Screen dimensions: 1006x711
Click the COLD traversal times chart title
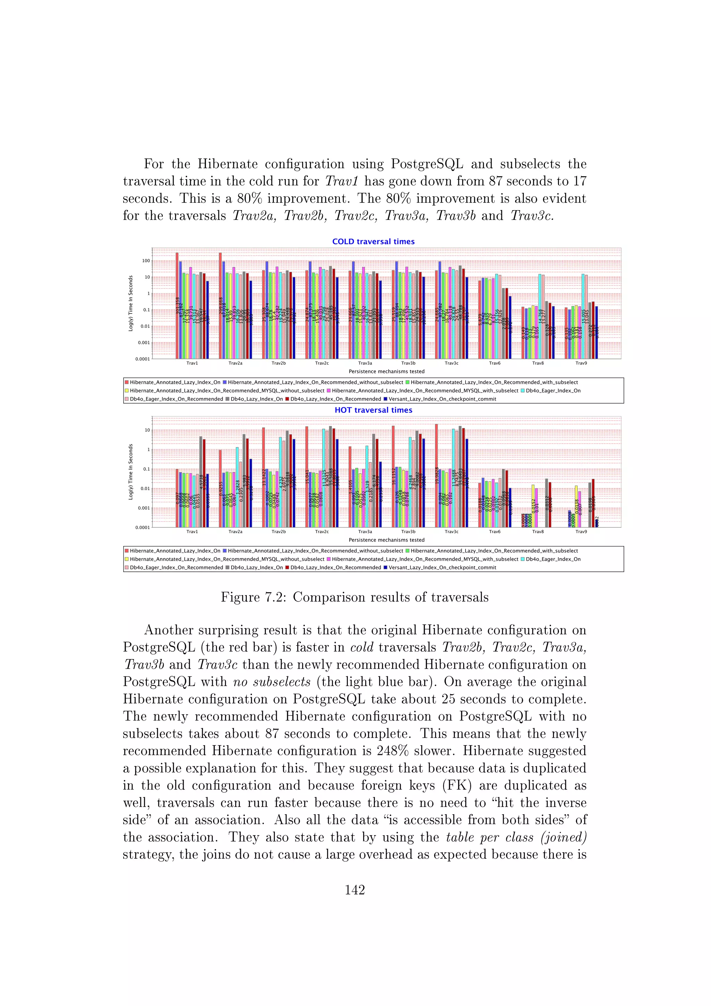[x=373, y=241]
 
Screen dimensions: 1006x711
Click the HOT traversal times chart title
[x=373, y=410]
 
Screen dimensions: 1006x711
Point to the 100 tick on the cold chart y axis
[x=146, y=261]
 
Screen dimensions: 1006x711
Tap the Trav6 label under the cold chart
[x=494, y=363]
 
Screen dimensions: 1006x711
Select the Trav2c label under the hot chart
[x=322, y=531]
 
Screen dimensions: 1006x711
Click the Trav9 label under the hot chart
[x=581, y=531]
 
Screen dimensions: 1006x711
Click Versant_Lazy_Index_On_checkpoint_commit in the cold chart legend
[x=442, y=399]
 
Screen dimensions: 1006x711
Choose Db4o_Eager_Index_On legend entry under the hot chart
[x=553, y=559]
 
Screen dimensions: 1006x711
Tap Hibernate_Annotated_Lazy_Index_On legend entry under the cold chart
[x=175, y=382]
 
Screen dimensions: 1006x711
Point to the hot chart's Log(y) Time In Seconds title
[x=131, y=472]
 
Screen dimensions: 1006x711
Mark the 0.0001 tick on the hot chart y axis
[x=142, y=528]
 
